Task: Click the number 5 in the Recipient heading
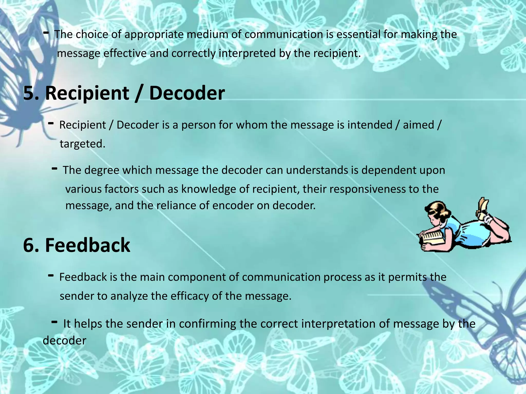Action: tap(29, 93)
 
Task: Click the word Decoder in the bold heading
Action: tap(187, 93)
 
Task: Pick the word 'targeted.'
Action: tap(82, 144)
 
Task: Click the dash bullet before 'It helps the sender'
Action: tap(54, 322)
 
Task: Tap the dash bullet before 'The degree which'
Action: tap(54, 169)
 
